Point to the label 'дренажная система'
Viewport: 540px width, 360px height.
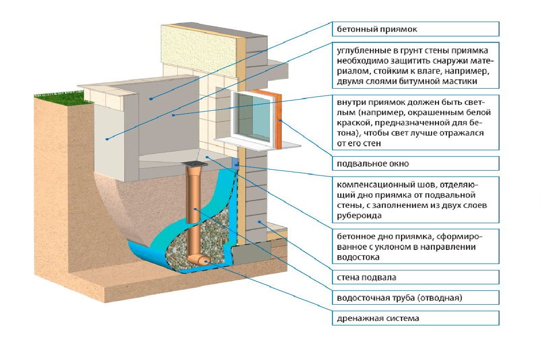[x=378, y=319]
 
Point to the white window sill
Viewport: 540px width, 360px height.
[x=256, y=144]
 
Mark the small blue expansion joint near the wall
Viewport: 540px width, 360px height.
[x=235, y=163]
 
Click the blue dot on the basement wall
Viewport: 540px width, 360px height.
[x=259, y=222]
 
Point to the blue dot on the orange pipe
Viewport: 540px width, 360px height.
[x=195, y=209]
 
